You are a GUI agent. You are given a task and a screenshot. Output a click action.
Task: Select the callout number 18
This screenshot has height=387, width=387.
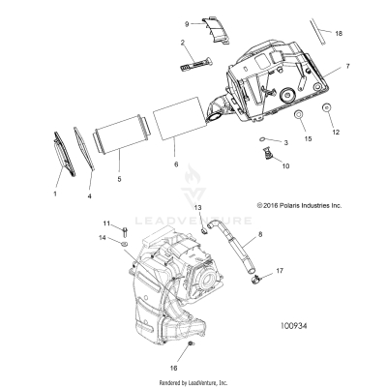(x=339, y=33)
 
